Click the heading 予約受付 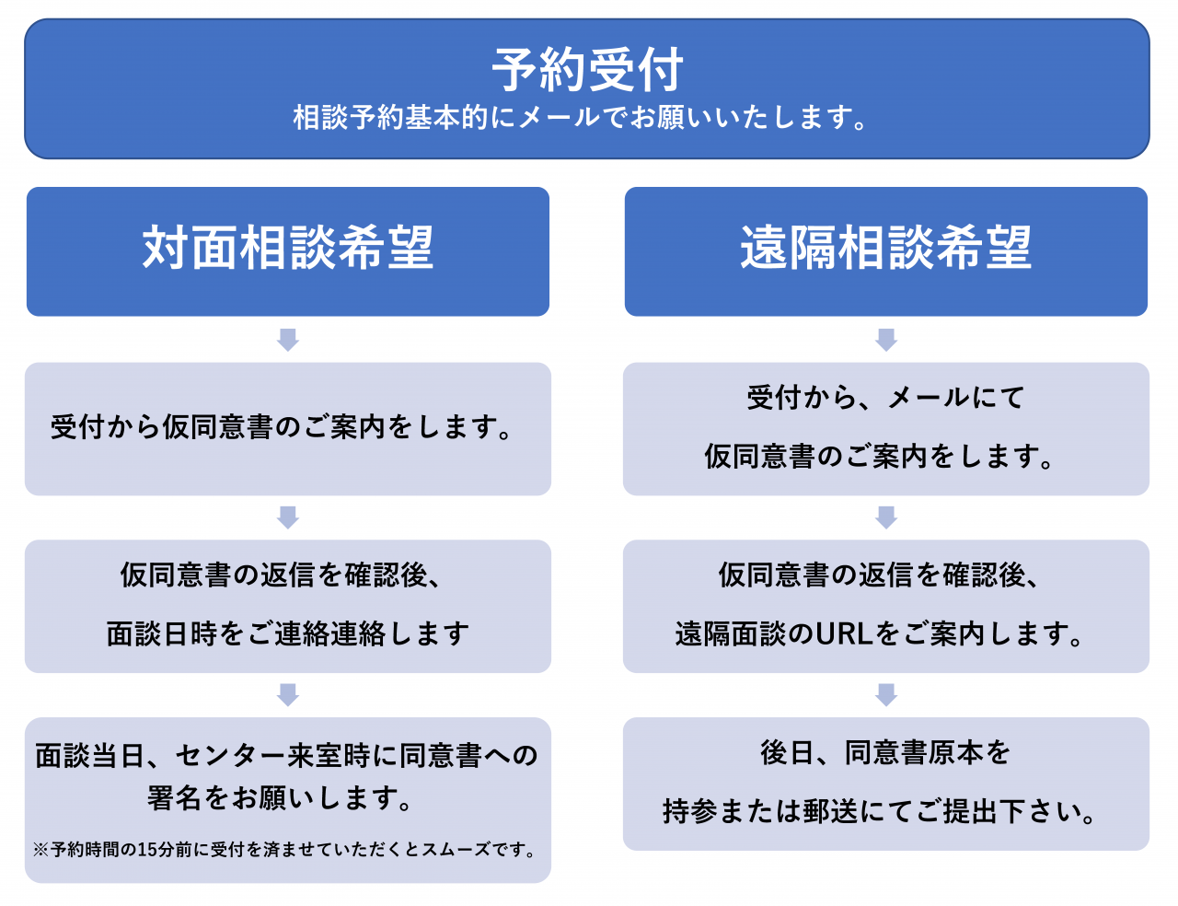coord(588,71)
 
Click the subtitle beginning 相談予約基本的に coord(581,117)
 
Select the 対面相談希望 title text coord(288,248)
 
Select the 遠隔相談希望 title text coord(886,248)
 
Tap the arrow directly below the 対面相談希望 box coord(288,340)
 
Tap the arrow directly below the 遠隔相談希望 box coord(886,340)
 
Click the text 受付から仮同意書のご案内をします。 coord(282,427)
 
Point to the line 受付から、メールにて coord(886,398)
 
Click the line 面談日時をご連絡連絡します coord(288,633)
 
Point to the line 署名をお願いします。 coord(281,798)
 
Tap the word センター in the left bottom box coord(231,755)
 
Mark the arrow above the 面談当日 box coord(288,694)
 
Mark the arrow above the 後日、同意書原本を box coord(886,694)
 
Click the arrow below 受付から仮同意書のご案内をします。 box coord(288,517)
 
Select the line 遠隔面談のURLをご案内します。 coord(879,633)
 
